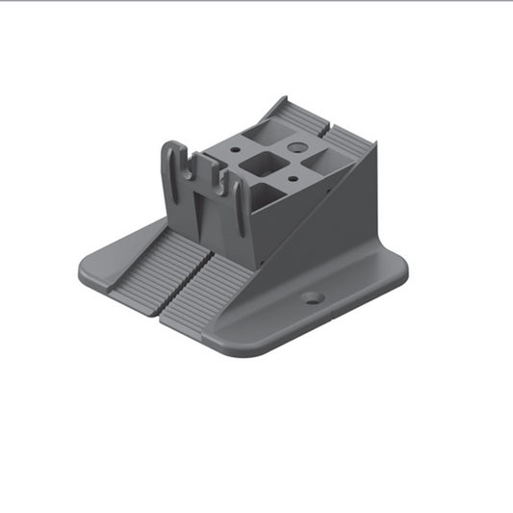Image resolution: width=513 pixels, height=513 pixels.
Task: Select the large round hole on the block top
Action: (295, 148)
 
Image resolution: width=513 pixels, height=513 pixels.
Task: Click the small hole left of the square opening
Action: (234, 150)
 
